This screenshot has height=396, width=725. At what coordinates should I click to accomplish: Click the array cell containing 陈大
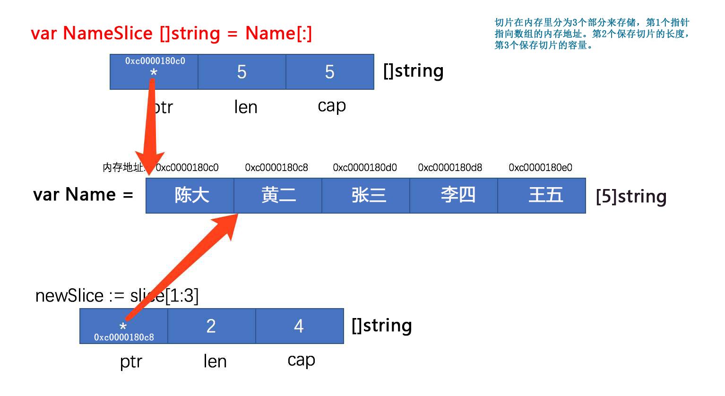point(190,196)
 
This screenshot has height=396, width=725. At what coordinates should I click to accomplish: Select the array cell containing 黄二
point(278,196)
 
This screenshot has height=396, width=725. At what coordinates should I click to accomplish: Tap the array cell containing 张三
point(366,196)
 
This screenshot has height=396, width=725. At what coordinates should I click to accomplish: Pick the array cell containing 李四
point(454,196)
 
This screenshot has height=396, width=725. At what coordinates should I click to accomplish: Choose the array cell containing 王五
point(542,196)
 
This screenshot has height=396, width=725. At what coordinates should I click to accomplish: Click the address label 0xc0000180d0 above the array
point(365,167)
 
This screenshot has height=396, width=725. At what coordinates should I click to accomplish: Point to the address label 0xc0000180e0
point(541,167)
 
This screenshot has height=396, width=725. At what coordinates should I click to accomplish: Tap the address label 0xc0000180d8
point(450,167)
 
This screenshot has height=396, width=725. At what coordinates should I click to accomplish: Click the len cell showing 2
point(212,326)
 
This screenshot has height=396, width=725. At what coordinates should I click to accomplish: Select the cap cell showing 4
point(300,326)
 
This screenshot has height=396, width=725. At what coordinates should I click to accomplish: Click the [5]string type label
point(631,196)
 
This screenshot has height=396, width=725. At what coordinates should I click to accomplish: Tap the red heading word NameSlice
point(108,33)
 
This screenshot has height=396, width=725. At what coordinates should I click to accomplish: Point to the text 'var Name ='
point(83,195)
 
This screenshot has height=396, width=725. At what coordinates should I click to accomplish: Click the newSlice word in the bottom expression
point(69,296)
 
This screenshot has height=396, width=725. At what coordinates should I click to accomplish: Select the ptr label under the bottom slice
point(131,362)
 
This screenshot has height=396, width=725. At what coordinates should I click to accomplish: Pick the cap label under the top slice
point(332,106)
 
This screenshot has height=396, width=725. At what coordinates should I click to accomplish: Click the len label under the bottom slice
point(215,362)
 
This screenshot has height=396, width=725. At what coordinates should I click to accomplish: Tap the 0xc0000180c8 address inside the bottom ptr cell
point(124,337)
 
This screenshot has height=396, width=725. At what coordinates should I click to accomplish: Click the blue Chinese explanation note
point(592,34)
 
